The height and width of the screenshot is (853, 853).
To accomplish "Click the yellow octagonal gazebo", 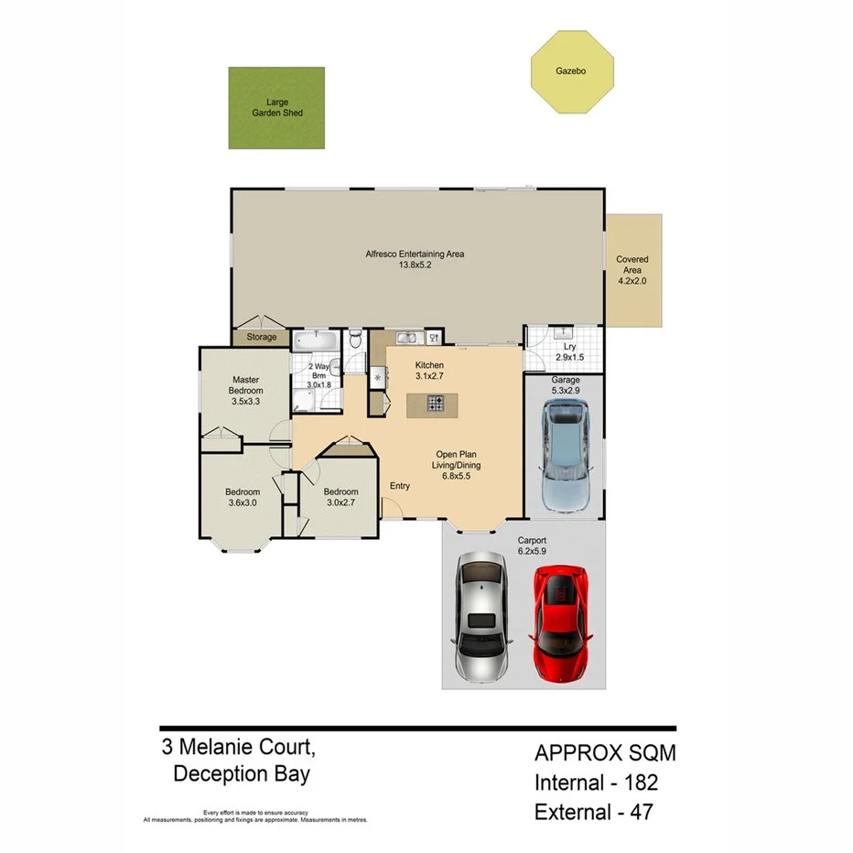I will click(572, 71).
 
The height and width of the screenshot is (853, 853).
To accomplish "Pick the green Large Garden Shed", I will click(276, 107).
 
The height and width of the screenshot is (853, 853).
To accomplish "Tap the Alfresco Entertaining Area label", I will click(415, 259).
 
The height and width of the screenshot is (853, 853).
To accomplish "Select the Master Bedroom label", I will click(247, 390).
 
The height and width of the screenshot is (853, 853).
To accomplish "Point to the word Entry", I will click(400, 486).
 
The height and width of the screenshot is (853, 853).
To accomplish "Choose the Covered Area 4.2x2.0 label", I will click(632, 270).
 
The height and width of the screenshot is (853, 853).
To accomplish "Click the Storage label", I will click(261, 338).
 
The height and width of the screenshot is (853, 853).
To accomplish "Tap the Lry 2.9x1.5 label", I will click(569, 352).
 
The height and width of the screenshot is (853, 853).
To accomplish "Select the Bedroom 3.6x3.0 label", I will click(243, 497).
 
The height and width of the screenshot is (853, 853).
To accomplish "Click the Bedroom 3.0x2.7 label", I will click(341, 496).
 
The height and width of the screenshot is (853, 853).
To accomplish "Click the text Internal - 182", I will click(596, 783).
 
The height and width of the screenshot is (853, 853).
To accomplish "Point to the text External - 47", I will click(594, 811).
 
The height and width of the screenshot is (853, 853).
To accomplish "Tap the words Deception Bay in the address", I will click(241, 774).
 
